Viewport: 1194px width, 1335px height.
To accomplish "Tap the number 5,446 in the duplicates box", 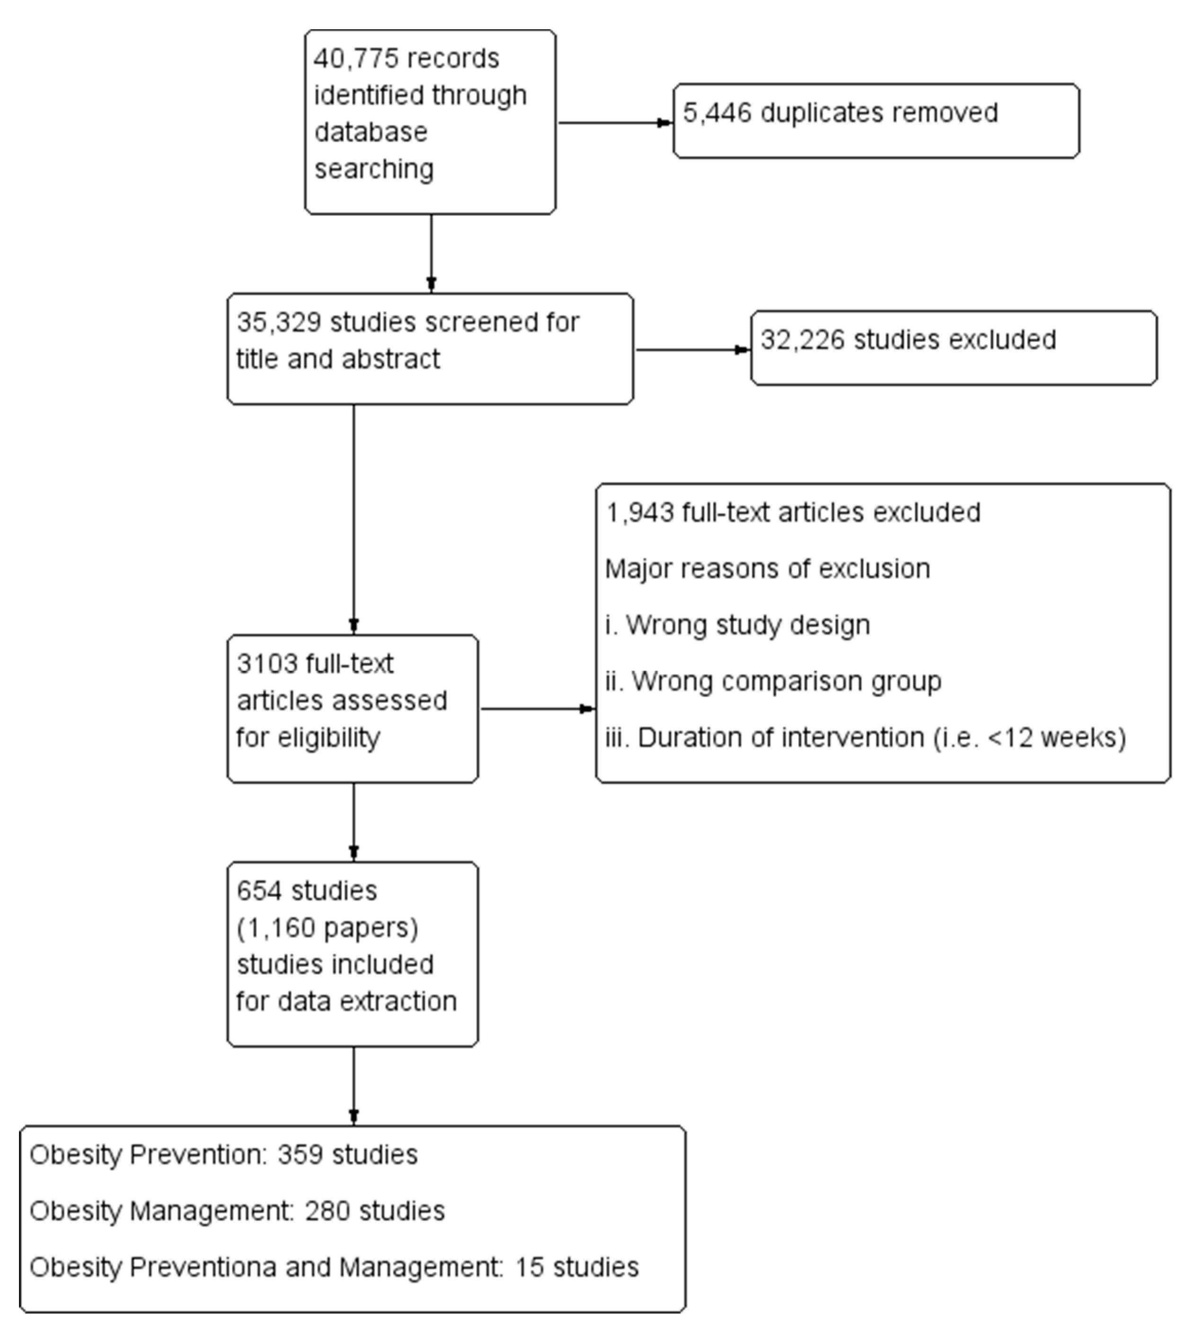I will [717, 113].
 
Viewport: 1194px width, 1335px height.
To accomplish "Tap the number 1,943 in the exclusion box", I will [640, 512].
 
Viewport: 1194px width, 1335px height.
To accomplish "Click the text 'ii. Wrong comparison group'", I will [773, 682].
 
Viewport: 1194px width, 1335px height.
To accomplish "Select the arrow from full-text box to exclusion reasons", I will [537, 709].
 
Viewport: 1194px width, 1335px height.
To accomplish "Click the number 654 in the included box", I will [259, 891].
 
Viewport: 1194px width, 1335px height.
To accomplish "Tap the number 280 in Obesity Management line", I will [327, 1211].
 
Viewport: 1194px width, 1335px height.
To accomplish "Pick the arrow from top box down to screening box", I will [431, 253].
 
